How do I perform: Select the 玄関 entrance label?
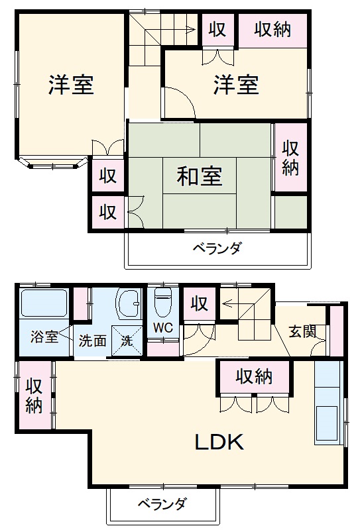click(x=302, y=331)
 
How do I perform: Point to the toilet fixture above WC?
click(x=162, y=303)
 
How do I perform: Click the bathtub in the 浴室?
click(x=44, y=303)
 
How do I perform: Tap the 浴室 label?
click(x=44, y=337)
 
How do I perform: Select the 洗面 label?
click(x=92, y=341)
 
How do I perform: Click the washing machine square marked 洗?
click(x=125, y=341)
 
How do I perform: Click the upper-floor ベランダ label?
click(x=217, y=249)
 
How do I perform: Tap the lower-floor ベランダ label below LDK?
click(x=162, y=504)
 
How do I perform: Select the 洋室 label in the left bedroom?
click(x=71, y=85)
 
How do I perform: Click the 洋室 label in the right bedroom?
click(x=235, y=85)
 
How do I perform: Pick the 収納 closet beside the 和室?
click(x=290, y=158)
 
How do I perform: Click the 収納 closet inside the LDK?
click(x=254, y=376)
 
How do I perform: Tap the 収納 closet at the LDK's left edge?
click(x=34, y=396)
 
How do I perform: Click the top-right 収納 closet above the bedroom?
click(x=272, y=30)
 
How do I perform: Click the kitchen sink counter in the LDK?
click(x=328, y=404)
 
